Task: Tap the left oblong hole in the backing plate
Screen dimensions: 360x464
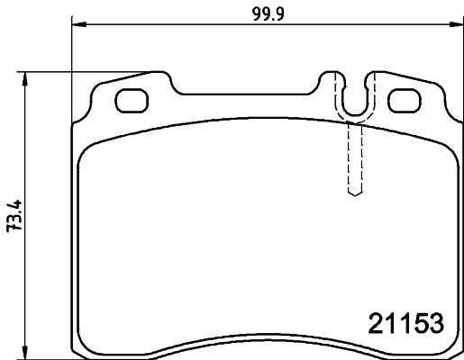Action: tap(132, 101)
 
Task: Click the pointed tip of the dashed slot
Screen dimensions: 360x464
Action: tap(355, 194)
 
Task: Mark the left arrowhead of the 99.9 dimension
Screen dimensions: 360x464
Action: tap(76, 24)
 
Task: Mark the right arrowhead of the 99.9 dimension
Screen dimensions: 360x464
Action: tap(450, 24)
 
